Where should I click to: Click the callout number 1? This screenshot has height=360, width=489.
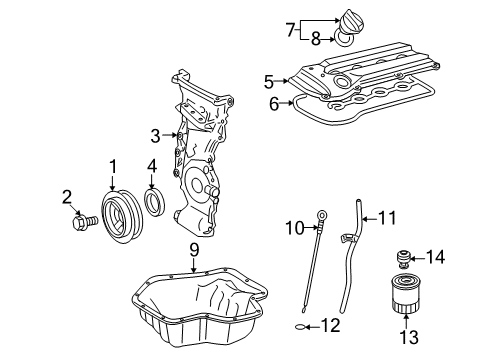pos(113,167)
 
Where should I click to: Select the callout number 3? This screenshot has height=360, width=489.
pos(155,135)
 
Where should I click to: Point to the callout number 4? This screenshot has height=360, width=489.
pos(151,166)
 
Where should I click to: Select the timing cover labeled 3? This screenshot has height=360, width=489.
pos(205,150)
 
